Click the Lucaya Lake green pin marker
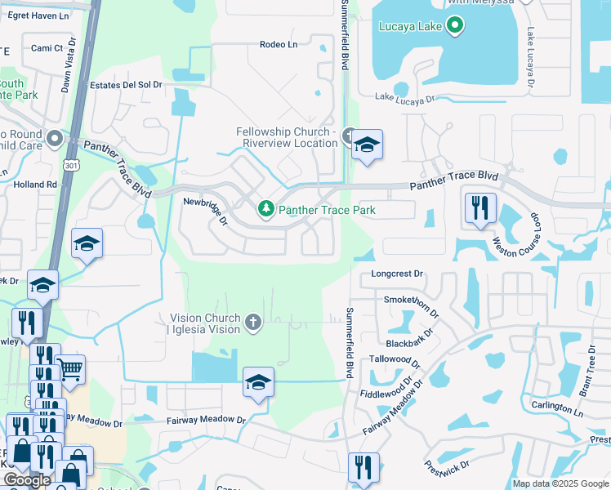[x=456, y=26]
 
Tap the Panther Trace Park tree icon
[x=265, y=210]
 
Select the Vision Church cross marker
[x=253, y=323]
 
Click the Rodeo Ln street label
[x=279, y=44]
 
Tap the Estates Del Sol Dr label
[x=126, y=85]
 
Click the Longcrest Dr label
[x=398, y=274]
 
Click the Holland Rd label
[x=35, y=185]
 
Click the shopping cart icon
[x=70, y=370]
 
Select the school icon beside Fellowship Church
[x=367, y=145]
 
